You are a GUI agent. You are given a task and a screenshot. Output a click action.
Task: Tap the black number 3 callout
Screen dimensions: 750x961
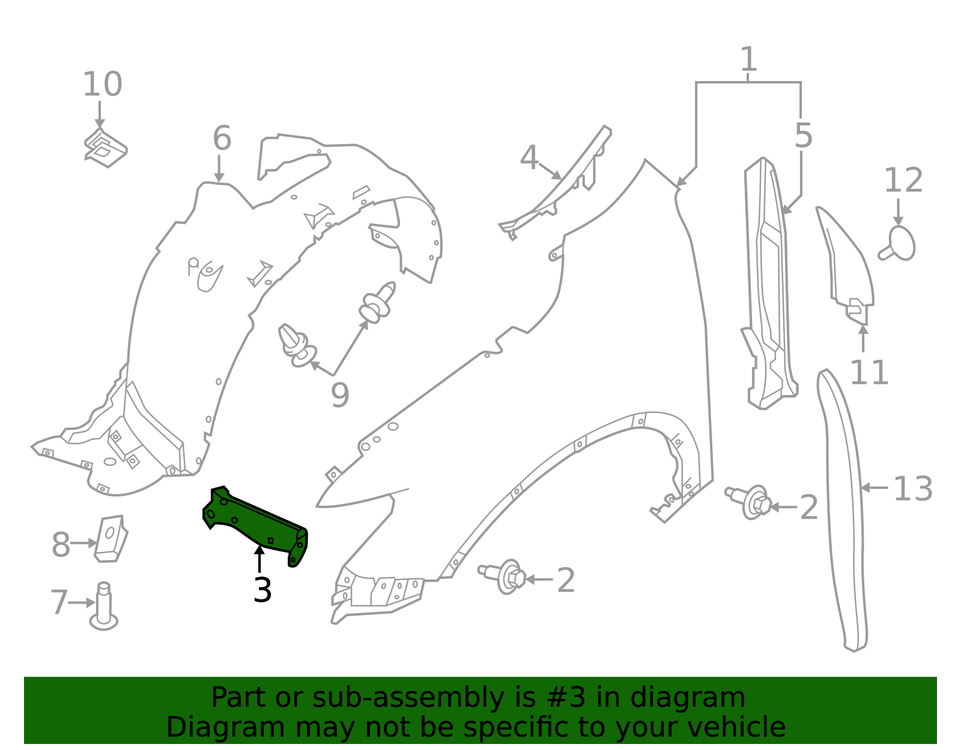[262, 590]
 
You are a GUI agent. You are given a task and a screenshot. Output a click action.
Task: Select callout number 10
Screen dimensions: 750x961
[102, 85]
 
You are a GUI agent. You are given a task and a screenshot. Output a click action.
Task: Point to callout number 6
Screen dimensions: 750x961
[222, 139]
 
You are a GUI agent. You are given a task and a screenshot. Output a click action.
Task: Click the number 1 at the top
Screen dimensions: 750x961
[748, 60]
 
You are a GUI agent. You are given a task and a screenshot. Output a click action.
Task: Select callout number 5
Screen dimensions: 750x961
[803, 136]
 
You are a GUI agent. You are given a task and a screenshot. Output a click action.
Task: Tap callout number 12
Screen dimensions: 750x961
[903, 181]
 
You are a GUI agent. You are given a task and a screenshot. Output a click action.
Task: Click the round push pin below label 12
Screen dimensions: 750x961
[899, 244]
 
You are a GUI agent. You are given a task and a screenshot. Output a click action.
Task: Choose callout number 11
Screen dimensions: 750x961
[869, 373]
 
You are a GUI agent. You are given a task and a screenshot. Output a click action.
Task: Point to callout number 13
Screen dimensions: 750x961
[913, 489]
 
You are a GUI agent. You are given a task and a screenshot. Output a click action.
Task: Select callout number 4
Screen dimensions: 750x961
[529, 158]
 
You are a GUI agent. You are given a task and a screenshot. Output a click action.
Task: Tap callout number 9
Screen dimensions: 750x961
[340, 396]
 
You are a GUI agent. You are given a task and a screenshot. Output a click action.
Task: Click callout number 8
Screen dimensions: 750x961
[61, 545]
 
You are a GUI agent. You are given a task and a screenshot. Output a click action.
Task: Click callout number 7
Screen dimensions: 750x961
[59, 602]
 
